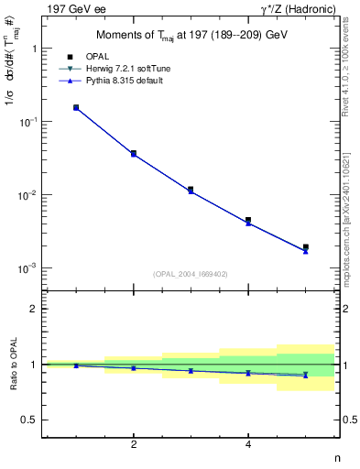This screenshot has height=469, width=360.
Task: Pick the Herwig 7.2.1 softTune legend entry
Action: [125, 69]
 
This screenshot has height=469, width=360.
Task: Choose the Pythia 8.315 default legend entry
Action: [123, 81]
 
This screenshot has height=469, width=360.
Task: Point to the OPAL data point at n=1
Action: [76, 107]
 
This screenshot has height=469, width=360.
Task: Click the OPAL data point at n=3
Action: [191, 190]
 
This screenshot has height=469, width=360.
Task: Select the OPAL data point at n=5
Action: [305, 247]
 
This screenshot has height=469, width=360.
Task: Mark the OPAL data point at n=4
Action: [248, 221]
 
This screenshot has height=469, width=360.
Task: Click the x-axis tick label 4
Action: [248, 444]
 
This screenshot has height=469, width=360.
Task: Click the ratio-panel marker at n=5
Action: [305, 375]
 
